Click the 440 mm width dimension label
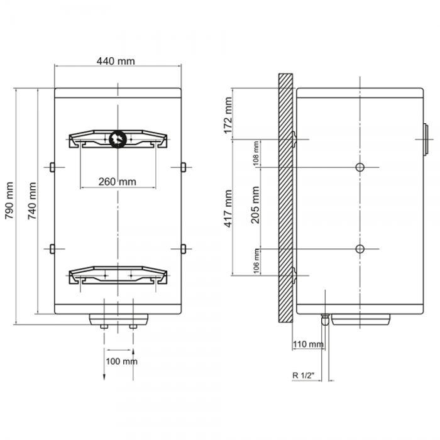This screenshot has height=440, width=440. pyautogui.click(x=116, y=61)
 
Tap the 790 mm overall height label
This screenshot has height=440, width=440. pyautogui.click(x=9, y=201)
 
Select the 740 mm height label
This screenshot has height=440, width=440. pyautogui.click(x=32, y=201)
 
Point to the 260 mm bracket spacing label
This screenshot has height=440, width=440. pyautogui.click(x=118, y=182)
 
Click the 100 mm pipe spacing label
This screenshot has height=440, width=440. pyautogui.click(x=121, y=361)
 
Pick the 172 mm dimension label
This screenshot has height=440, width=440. pyautogui.click(x=228, y=115)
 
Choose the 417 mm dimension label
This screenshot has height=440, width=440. pyautogui.click(x=228, y=209)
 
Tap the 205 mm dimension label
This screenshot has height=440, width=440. pyautogui.click(x=255, y=205)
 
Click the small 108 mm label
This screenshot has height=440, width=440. pyautogui.click(x=256, y=153)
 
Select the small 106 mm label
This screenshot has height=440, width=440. pyautogui.click(x=256, y=261)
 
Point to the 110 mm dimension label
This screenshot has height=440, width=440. pyautogui.click(x=308, y=344)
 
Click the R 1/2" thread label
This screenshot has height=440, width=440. pyautogui.click(x=304, y=375)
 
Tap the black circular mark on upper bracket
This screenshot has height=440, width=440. pyautogui.click(x=118, y=139)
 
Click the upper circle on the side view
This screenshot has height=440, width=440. pyautogui.click(x=360, y=168)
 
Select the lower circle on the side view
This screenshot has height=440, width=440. pyautogui.click(x=360, y=249)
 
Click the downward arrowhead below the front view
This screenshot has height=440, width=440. pyautogui.click(x=104, y=377)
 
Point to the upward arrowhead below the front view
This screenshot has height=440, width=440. pyautogui.click(x=133, y=351)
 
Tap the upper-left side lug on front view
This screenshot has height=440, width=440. pyautogui.click(x=52, y=167)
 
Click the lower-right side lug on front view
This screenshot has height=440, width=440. pyautogui.click(x=184, y=249)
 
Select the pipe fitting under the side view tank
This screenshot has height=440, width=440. pyautogui.click(x=325, y=319)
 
